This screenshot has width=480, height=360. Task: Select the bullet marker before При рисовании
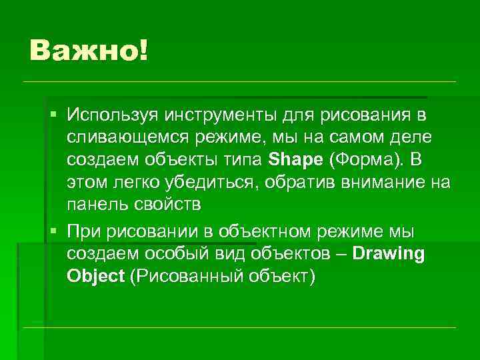[x=54, y=231]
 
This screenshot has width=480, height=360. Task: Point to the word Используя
[x=109, y=115]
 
